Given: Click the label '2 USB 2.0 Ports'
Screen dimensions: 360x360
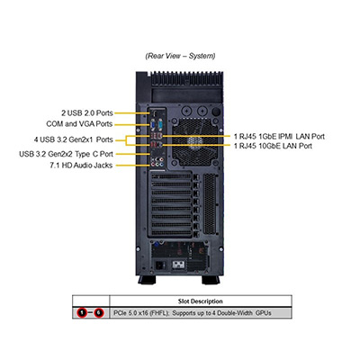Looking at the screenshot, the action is [87, 113].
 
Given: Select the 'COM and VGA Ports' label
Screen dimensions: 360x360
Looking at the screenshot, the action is [79, 124].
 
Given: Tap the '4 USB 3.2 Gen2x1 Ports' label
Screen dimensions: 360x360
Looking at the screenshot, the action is [73, 139].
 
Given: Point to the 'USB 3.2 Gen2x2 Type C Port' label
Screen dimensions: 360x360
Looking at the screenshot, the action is [66, 154].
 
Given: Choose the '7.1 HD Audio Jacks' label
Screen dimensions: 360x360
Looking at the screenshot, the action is [81, 166].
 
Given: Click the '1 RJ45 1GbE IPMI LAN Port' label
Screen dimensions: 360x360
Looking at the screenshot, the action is [279, 137].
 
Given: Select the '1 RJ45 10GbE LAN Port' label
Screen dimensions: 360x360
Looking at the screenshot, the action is [273, 146].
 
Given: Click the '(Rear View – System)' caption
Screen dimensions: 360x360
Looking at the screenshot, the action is [180, 56].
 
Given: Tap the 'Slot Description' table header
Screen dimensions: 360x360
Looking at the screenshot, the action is [200, 301].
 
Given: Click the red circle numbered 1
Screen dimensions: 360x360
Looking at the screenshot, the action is [82, 313].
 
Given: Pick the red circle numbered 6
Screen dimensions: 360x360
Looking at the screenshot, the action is [99, 313].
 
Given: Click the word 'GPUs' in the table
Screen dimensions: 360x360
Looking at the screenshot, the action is [264, 313].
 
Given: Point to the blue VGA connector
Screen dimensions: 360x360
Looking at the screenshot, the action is [153, 124].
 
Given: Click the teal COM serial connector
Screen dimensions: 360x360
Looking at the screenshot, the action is [159, 124].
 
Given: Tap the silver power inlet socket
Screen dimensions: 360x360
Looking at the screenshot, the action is [179, 265].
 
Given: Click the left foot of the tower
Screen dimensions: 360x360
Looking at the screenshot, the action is [147, 280].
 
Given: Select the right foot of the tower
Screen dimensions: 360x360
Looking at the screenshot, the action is [211, 280].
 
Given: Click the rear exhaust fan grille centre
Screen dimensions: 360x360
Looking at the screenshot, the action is [195, 141].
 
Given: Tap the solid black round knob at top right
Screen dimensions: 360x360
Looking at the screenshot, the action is [216, 112].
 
